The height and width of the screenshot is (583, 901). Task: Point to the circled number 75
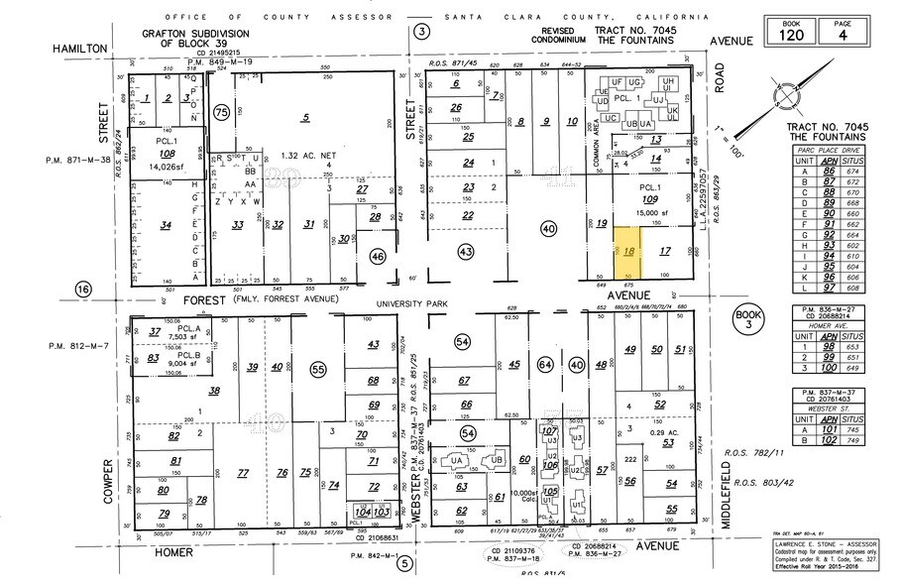221,112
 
